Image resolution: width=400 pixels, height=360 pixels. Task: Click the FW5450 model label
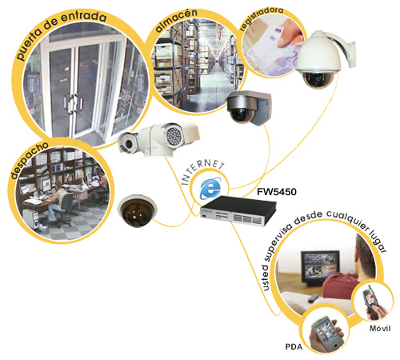(277, 192)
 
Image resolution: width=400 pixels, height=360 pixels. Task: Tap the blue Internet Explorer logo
(210, 188)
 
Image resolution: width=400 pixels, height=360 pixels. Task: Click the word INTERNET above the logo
(202, 171)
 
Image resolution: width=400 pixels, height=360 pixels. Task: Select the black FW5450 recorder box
(238, 210)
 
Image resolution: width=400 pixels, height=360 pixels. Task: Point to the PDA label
(294, 346)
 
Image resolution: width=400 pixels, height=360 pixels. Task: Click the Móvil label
(380, 328)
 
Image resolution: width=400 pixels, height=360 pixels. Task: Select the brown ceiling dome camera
(138, 210)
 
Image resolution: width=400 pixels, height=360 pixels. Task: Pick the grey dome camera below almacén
(249, 107)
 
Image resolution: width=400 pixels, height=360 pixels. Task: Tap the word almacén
(177, 21)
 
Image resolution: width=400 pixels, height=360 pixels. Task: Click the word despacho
(29, 160)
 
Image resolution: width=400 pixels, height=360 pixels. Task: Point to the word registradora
(262, 18)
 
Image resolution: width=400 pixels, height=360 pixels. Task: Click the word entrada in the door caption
(84, 17)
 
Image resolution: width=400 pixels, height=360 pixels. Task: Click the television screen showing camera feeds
(320, 265)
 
